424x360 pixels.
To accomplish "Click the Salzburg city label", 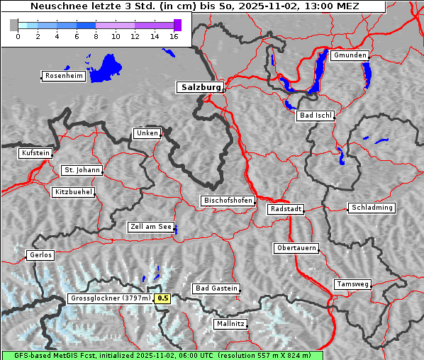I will coord(200,87).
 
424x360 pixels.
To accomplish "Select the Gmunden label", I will coord(350,55).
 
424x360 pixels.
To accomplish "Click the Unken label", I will coord(146,133).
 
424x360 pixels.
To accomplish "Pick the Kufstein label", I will coord(35,153).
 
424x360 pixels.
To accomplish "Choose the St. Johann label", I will coord(82,170).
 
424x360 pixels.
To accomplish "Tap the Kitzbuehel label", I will coord(73,192).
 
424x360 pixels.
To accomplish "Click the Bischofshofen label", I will coord(228,201).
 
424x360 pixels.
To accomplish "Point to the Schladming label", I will coord(371,208).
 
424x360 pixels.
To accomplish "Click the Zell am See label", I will coord(151,227).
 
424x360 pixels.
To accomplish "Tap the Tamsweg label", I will coord(352,284).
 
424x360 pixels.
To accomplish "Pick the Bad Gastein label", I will coord(216,288).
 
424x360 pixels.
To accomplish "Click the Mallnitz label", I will coord(230,324).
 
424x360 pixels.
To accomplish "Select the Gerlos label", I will coord(40,255).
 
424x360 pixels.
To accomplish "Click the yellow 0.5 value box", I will coord(163,298).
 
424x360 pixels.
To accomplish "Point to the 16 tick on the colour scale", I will coord(174,37).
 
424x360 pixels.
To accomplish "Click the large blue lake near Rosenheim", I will coord(107,67).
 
